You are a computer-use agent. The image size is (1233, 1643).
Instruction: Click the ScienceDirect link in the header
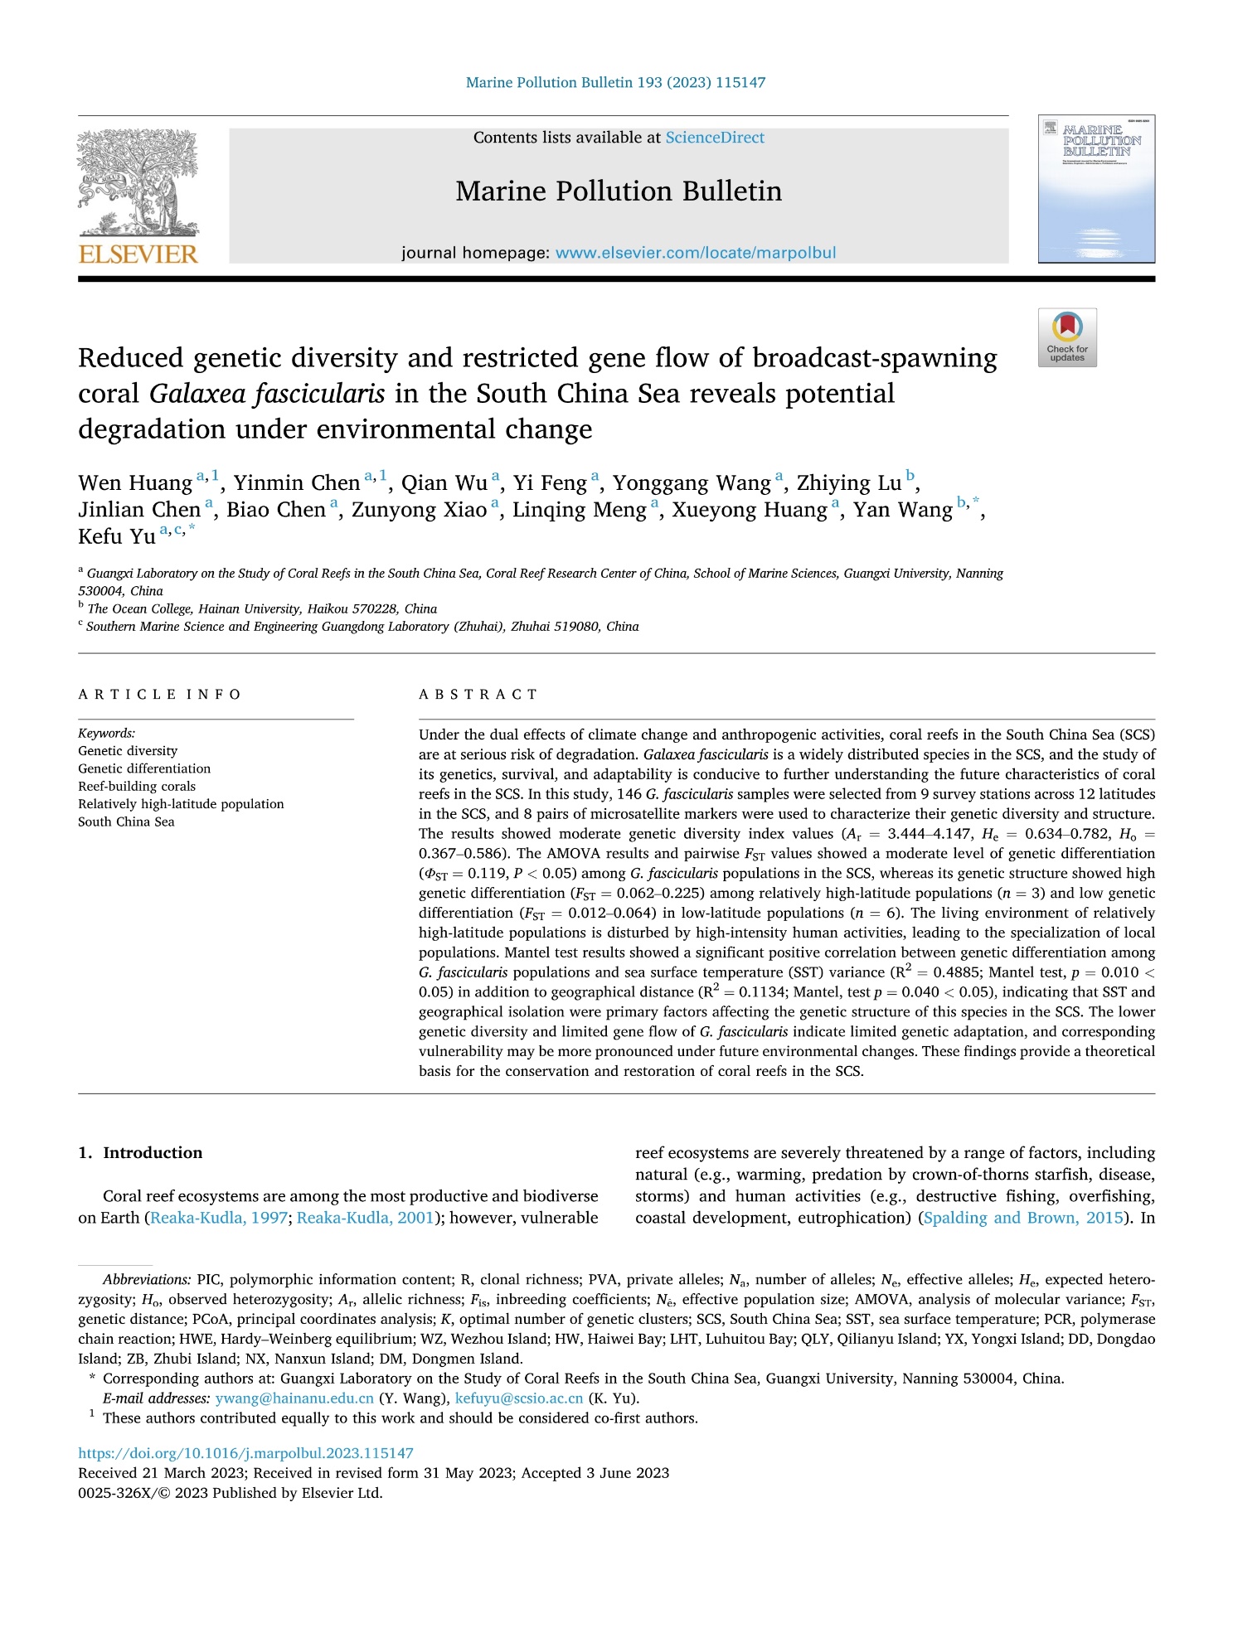[715, 138]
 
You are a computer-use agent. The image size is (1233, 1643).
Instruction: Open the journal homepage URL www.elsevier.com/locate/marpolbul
[695, 253]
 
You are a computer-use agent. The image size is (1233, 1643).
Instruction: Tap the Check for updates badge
[1067, 337]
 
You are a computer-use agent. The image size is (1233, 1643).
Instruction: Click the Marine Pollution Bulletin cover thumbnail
[1096, 189]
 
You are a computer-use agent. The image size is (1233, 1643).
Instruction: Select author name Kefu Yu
[117, 536]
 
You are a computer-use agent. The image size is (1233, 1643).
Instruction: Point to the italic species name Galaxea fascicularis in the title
[267, 394]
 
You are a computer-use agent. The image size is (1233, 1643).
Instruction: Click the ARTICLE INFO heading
[159, 695]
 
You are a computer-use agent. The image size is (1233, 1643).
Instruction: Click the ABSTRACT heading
[478, 695]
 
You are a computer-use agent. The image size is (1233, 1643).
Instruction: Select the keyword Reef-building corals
[137, 786]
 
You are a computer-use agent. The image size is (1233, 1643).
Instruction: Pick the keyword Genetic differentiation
[144, 768]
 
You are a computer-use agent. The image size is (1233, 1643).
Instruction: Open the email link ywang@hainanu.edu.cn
[294, 1398]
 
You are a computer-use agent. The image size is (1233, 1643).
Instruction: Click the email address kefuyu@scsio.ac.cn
[519, 1398]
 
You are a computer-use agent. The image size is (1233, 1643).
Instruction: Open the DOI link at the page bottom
[245, 1453]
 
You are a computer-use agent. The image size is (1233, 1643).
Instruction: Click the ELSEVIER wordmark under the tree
[138, 254]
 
